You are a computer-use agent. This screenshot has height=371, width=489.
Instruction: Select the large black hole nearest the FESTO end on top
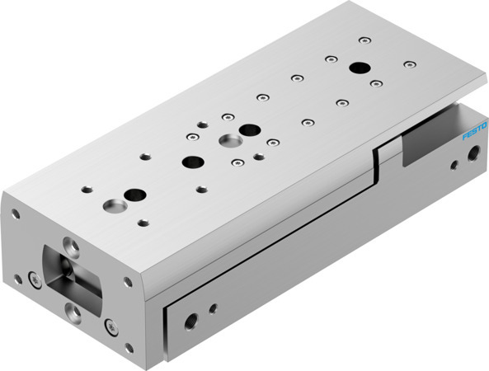coord(360,68)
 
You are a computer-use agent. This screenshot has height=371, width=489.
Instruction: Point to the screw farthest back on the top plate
coord(363,39)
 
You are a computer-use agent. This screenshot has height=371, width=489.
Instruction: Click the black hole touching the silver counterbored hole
coord(248,129)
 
